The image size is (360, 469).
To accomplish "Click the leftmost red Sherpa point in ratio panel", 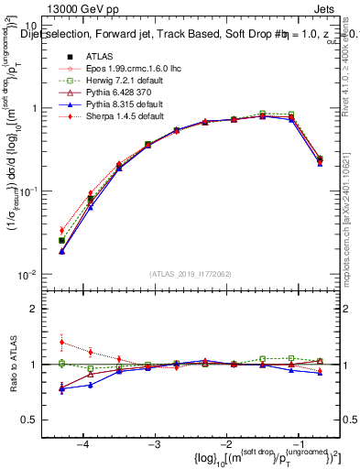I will pos(61,343).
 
